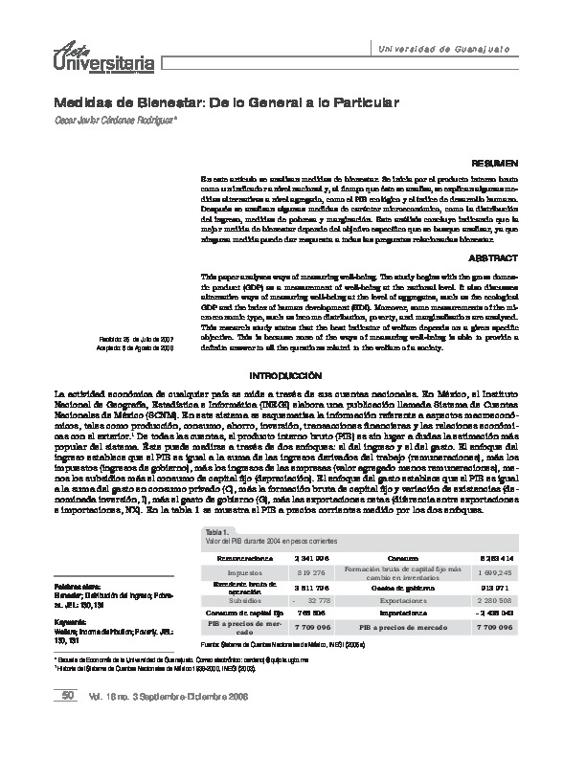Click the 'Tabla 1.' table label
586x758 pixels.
pyautogui.click(x=215, y=530)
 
